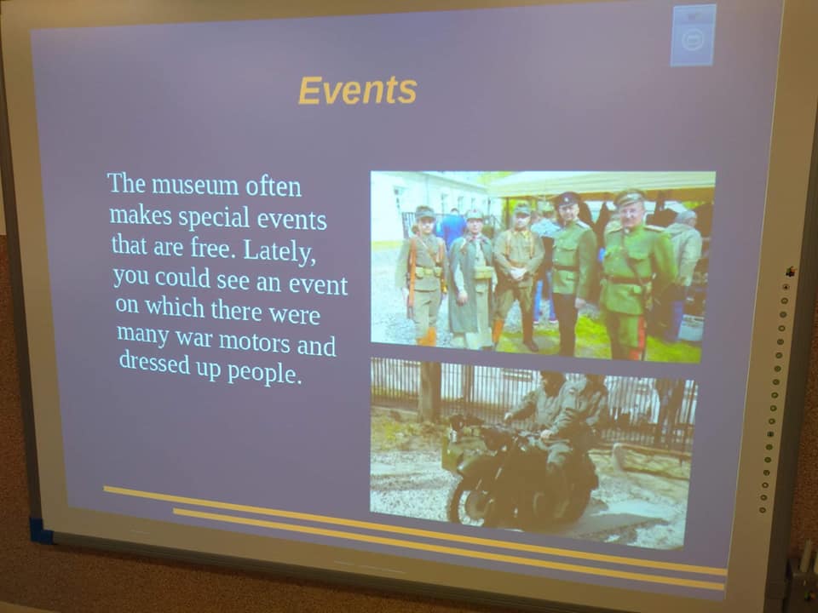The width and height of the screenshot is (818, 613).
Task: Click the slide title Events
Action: (x=357, y=90)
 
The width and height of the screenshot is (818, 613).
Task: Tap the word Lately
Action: (x=279, y=251)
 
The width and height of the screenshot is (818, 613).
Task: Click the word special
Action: (x=214, y=217)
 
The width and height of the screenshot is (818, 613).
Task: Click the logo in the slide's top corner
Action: (x=694, y=36)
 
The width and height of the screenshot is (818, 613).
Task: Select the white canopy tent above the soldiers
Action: (x=600, y=184)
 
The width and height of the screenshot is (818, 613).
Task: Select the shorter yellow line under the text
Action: (x=449, y=549)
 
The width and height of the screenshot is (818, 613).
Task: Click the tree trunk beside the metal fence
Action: (x=429, y=392)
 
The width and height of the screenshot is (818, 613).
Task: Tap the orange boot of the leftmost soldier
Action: (x=428, y=337)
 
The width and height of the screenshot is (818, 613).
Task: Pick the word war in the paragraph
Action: (x=193, y=337)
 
